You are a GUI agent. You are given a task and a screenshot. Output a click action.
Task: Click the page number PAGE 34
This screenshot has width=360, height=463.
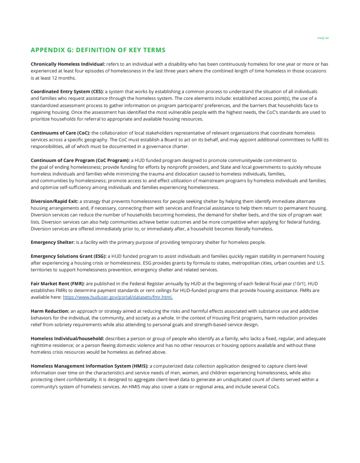click(323, 38)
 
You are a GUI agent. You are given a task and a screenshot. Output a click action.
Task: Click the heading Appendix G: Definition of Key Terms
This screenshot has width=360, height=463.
click(98, 50)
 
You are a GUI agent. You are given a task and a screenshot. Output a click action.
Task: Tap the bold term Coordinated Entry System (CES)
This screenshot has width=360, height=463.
click(67, 91)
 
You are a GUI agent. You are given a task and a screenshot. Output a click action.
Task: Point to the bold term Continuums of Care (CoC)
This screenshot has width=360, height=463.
click(60, 133)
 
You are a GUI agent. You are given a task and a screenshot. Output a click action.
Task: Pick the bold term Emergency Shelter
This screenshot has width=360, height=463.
click(53, 242)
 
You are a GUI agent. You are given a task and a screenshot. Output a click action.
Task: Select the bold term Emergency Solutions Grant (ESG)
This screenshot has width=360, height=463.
click(68, 256)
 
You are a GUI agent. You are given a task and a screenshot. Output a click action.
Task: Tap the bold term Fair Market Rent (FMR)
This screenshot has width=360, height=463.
click(58, 283)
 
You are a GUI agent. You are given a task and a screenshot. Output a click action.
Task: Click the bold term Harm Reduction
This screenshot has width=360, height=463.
click(50, 311)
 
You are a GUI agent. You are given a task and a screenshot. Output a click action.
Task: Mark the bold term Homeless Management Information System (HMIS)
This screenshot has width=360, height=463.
click(90, 366)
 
